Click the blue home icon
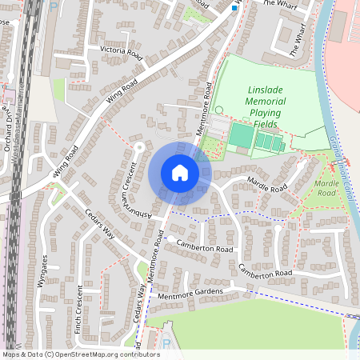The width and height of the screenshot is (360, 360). (180, 173)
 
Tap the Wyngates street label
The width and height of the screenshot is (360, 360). (44, 268)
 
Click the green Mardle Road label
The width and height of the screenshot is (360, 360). (326, 188)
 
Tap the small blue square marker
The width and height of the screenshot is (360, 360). (234, 8)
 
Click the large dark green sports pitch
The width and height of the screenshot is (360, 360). (239, 135)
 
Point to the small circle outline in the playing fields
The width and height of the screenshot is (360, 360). (219, 110)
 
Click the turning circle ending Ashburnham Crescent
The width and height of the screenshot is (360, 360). (138, 146)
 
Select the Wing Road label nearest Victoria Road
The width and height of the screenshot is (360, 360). (121, 94)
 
